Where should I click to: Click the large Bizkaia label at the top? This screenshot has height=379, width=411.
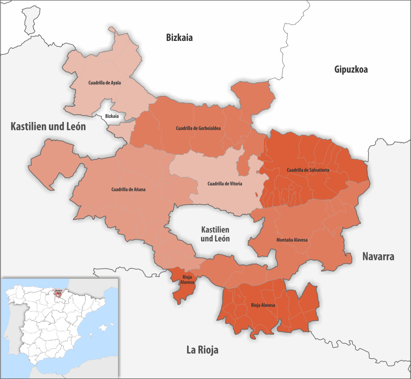179,38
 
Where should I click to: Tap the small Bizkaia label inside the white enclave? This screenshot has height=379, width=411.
112,116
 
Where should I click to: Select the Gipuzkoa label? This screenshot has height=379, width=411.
351,69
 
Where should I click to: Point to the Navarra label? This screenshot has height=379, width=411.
378,256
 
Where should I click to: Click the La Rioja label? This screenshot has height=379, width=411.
202,350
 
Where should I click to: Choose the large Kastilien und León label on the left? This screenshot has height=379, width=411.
48,127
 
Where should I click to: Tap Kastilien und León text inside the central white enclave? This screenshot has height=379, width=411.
215,234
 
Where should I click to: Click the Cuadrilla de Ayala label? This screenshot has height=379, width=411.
104,83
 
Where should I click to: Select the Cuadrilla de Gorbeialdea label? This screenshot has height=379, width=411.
199,128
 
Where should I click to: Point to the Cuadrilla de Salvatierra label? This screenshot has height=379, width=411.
308,170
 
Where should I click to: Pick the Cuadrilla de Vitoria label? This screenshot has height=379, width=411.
225,184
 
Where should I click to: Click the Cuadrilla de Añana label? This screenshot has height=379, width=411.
128,189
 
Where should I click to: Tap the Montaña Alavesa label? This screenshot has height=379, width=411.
292,240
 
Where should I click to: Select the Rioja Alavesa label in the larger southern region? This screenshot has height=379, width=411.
263,306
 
